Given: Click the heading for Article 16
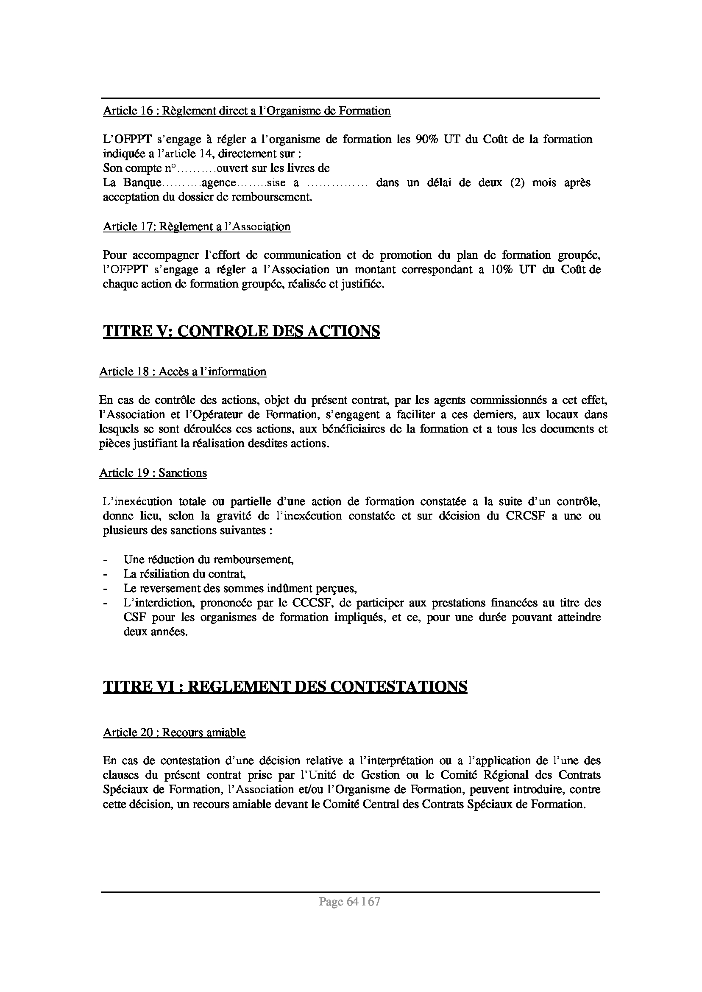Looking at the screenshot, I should (246, 111).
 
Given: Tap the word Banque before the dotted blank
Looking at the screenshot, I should (142, 183).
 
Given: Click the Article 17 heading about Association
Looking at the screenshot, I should (197, 226).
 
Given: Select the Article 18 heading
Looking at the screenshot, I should (182, 372).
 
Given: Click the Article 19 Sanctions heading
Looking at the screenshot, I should (153, 473).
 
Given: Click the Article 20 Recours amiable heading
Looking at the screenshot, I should (174, 732).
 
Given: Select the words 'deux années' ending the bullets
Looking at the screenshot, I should (156, 632).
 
